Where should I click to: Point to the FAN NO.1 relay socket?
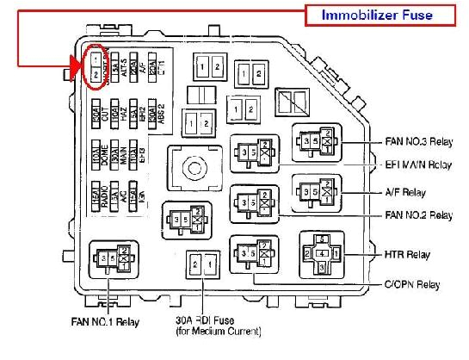pos(114,258)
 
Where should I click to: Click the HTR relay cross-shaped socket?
pos(320,255)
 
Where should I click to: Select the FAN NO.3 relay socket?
pos(316,141)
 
